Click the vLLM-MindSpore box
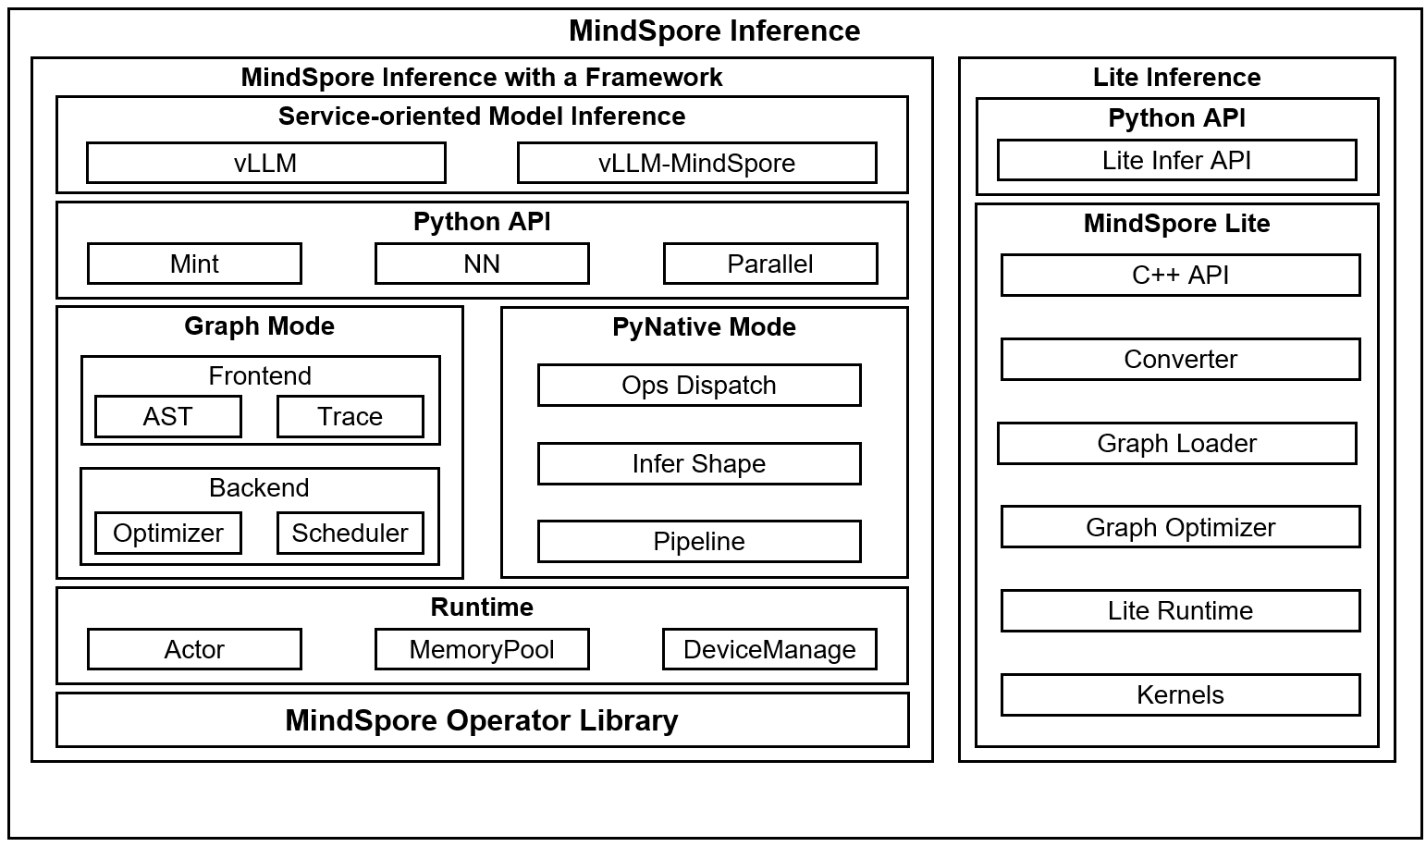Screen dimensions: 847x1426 click(696, 163)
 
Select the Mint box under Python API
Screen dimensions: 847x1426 click(194, 264)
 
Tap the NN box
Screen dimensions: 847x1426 click(482, 264)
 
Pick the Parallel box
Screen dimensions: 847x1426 click(769, 264)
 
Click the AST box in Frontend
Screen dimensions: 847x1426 click(167, 416)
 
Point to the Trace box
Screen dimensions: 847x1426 click(350, 416)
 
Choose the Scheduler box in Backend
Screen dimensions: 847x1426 click(350, 533)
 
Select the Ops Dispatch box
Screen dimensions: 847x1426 click(698, 385)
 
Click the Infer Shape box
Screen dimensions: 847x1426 click(698, 463)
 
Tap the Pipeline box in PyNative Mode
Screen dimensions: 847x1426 click(698, 541)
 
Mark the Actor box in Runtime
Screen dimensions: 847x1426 click(194, 649)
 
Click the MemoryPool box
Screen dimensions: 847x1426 click(482, 649)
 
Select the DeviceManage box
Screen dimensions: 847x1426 click(769, 649)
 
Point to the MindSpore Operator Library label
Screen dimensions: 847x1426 click(482, 719)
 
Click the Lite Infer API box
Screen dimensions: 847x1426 click(1176, 160)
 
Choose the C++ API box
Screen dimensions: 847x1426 click(1180, 275)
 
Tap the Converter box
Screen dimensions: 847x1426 click(1180, 359)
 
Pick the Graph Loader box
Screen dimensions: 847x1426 click(1176, 443)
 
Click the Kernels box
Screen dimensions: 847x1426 click(1180, 694)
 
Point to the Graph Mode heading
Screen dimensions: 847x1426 click(259, 325)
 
